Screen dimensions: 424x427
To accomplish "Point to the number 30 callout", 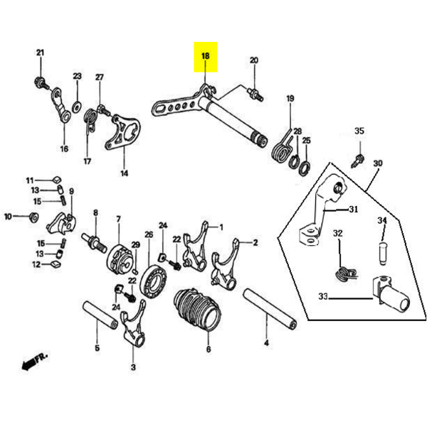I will [x=377, y=163].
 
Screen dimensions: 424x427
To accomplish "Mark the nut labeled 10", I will [x=31, y=216].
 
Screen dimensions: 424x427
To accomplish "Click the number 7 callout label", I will [x=118, y=219].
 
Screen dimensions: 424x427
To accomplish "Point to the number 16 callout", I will [x=63, y=149].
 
